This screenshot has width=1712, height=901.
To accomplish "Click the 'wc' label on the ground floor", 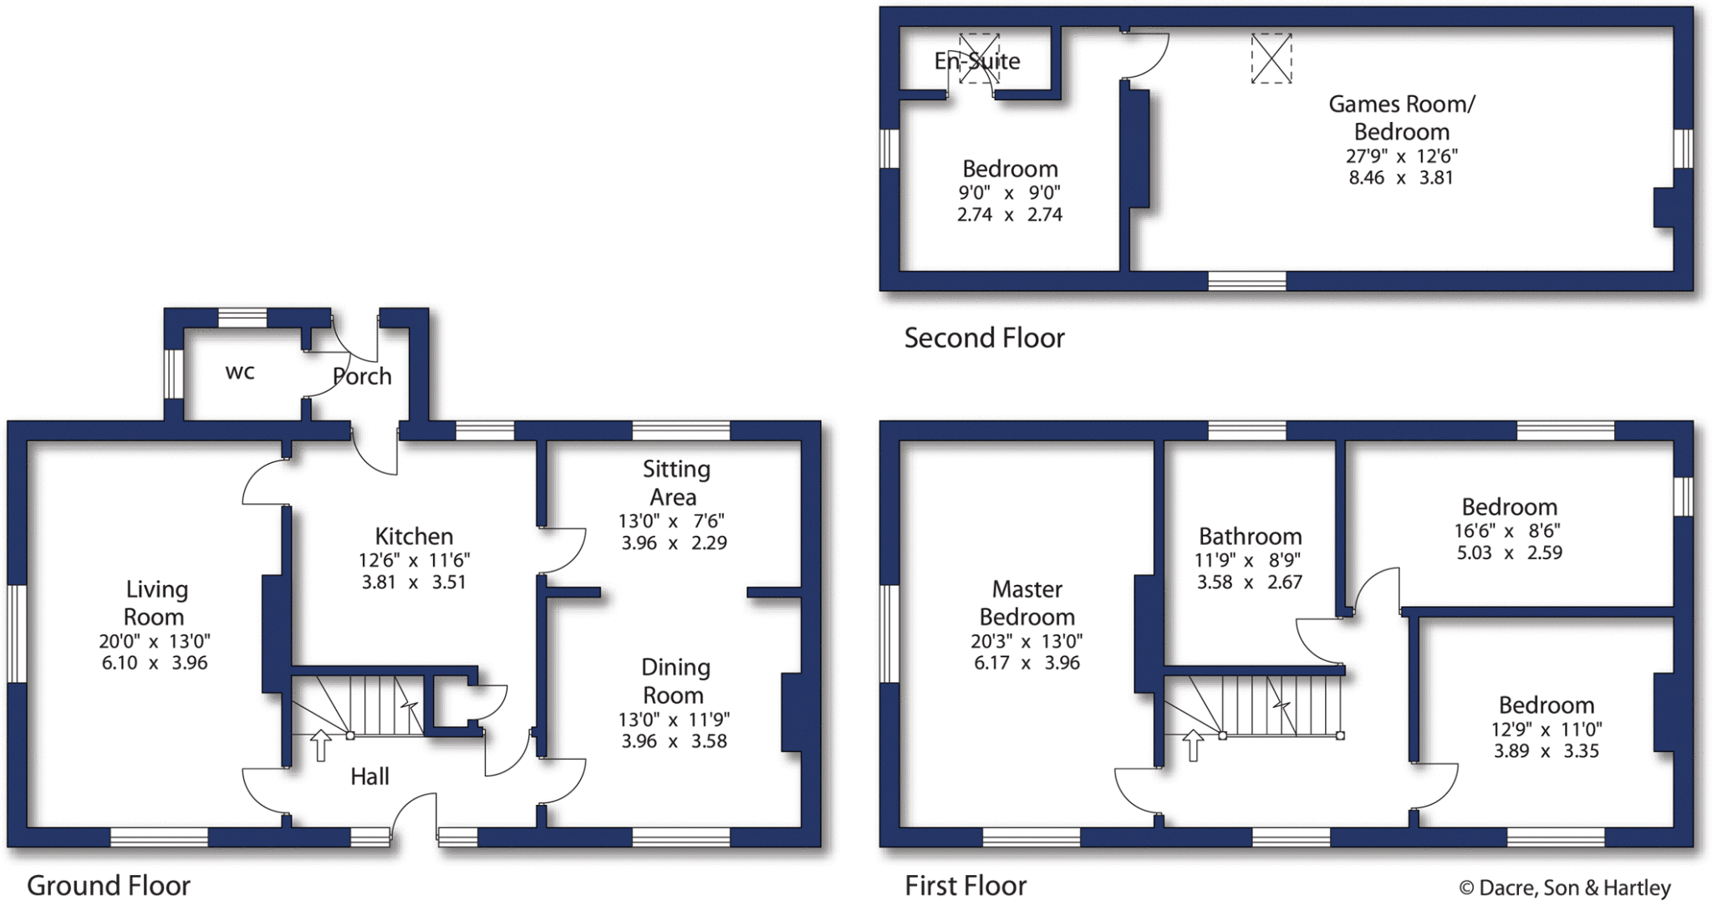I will [240, 372].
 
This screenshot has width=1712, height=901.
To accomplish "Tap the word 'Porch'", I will [362, 376].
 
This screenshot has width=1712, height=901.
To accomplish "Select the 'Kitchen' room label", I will [414, 536].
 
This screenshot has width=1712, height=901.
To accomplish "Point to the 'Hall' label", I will [369, 776].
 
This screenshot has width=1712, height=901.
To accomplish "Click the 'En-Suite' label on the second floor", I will [977, 61].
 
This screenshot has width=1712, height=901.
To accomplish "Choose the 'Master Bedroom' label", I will [1027, 603].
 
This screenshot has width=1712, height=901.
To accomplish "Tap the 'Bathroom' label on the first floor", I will [1250, 536].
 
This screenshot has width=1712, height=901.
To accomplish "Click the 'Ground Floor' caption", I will [109, 885].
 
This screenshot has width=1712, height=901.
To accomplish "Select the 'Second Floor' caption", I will [984, 338].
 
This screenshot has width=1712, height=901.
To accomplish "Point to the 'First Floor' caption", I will [966, 885].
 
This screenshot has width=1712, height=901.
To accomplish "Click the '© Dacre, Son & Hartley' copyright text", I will [1565, 888].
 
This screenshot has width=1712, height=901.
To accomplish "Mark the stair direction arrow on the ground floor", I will [320, 745].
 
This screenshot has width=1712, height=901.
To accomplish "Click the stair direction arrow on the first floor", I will [1193, 745].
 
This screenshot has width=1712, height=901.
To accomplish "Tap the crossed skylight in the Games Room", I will [1271, 59].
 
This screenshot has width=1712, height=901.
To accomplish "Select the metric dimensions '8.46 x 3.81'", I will [1401, 177].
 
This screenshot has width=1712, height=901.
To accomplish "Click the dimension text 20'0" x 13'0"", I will [155, 641].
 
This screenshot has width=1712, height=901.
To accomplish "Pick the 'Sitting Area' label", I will [675, 483].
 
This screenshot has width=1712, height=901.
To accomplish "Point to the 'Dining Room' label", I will [675, 681].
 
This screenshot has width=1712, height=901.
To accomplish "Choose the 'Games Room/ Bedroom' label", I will [1402, 118].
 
